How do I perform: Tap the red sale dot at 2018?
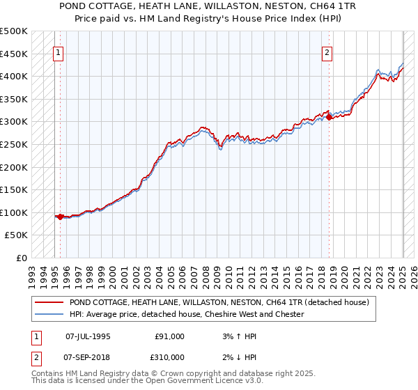click(x=329, y=118)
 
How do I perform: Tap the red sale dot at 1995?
click(x=60, y=217)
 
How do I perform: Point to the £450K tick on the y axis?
click(x=15, y=54)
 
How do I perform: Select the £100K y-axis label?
click(x=15, y=212)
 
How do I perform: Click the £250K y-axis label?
click(x=15, y=144)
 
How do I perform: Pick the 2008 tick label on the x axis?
click(x=207, y=272)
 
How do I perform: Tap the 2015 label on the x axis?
click(x=288, y=272)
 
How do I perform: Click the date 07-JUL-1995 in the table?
click(x=88, y=336)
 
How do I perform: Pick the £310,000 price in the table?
click(x=169, y=357)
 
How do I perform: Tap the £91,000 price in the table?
click(x=169, y=336)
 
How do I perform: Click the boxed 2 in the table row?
click(x=35, y=357)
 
